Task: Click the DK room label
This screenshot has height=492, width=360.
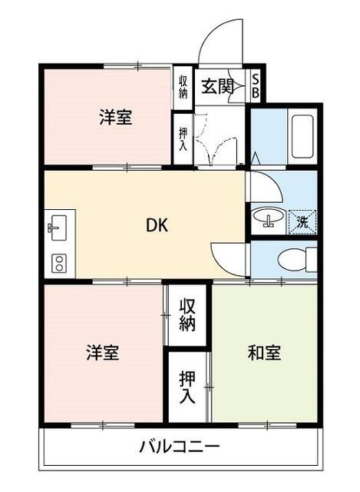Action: coord(157,225)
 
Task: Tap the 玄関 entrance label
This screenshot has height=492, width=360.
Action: coord(217,86)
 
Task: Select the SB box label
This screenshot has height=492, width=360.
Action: coord(256,86)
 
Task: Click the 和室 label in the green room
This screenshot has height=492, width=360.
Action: coord(264,352)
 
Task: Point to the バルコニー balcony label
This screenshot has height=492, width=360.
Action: coord(179,446)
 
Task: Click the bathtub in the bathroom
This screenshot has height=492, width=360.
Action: coord(302,137)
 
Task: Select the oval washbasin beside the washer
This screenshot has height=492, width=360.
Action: coord(269,216)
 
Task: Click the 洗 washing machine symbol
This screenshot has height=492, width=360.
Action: coord(302,222)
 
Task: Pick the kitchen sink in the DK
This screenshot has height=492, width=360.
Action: coord(58,228)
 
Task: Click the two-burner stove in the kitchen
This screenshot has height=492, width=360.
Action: coord(58,263)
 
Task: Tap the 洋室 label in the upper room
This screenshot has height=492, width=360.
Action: coord(116,117)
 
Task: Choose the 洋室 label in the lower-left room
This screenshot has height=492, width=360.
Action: coord(103,352)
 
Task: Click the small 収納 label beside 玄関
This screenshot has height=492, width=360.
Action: coord(183,87)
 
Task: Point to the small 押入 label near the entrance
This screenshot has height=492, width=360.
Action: coord(183,139)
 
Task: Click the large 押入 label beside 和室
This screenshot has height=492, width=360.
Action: coord(187,387)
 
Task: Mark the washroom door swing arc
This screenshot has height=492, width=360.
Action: coord(269,186)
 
